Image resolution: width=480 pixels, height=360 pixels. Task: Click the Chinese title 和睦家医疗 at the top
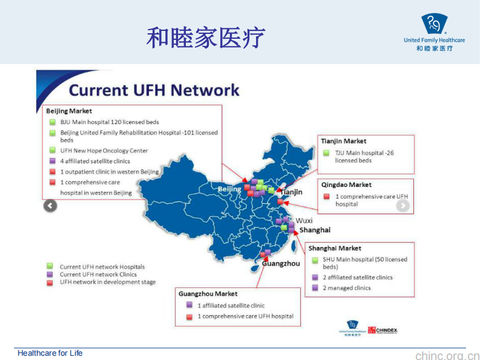pos(206,38)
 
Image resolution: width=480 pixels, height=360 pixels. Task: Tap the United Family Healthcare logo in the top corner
pos(434,32)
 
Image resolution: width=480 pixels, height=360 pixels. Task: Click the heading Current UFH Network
pos(154,90)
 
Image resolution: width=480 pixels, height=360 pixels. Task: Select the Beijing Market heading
pos(69,111)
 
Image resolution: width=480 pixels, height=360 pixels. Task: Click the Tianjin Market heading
pos(343,141)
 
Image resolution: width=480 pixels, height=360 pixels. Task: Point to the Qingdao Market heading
pos(346,185)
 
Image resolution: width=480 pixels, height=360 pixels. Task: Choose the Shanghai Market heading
pos(335,248)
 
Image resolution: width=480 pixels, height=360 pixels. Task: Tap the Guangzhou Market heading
pos(208,294)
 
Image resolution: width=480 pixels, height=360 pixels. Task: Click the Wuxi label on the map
pos(304,220)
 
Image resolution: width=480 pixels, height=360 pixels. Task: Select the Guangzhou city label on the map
pos(281,264)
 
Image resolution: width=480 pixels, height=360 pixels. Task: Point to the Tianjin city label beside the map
pos(291,192)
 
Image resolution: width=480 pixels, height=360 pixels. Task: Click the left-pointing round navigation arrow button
pos(50,206)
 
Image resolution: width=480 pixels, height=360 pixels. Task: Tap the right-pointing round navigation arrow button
pos(403,206)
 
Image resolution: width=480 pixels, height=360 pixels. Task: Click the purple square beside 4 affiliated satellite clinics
pos(53,161)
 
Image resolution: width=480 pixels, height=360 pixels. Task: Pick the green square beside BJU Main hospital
pos(53,122)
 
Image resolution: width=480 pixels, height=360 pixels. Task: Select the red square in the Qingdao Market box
pos(327,196)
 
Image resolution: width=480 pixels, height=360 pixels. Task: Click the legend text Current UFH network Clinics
pos(98,274)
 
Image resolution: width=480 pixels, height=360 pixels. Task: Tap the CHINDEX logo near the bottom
pos(383,330)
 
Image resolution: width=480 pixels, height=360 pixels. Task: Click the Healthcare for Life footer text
pos(50,353)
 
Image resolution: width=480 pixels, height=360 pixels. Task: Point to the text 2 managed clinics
pos(346,288)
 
